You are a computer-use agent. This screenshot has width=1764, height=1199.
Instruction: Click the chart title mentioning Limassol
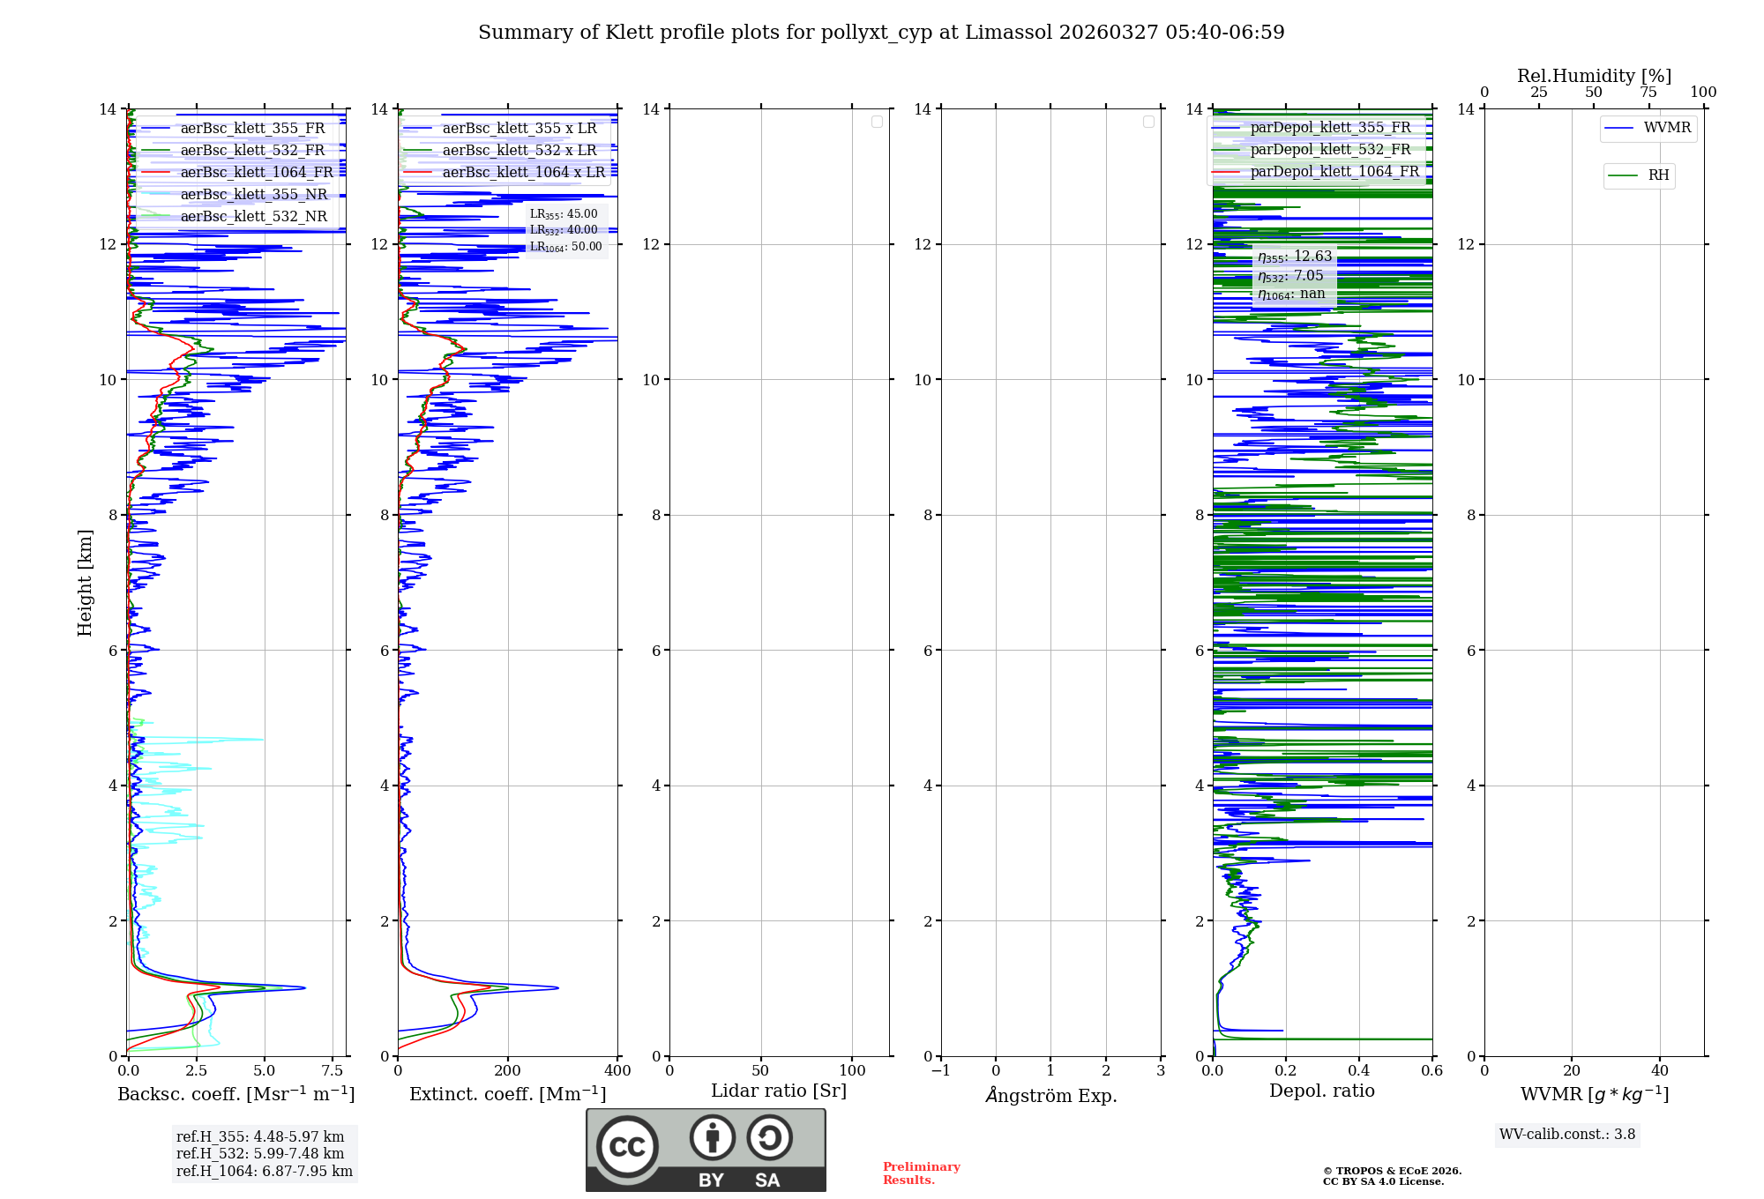881,33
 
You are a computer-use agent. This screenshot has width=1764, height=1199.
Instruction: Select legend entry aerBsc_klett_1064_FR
256,173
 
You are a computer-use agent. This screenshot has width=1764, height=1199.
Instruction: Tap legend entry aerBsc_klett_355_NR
253,195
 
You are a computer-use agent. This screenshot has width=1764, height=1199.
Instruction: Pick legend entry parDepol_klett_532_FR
1329,150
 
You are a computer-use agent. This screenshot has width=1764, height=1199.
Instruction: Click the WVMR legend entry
1666,128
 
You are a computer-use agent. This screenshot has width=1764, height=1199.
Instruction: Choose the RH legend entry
1657,175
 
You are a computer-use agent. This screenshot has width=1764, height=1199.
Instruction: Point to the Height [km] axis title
85,583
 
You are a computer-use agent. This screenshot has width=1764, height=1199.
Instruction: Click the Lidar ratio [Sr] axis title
779,1091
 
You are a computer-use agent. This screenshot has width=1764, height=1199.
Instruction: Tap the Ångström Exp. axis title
1050,1095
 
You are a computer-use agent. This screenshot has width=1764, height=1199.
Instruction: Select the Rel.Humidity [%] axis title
1594,76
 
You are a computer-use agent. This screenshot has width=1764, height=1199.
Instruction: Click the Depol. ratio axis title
1321,1091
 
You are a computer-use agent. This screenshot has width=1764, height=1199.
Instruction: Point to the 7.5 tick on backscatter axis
333,1071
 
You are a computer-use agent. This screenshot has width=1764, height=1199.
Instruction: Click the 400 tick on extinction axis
617,1071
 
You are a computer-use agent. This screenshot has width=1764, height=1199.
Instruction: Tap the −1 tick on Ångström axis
941,1071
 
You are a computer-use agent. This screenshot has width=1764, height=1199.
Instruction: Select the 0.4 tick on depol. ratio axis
1359,1071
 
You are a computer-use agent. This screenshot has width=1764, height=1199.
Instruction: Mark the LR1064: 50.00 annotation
565,247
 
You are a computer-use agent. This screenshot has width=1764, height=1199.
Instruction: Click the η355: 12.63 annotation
1294,257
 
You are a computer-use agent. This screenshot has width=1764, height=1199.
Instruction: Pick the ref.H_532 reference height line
260,1154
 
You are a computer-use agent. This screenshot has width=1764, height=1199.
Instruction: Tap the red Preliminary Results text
921,1173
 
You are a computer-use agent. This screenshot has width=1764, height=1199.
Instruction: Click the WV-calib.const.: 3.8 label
1566,1135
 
